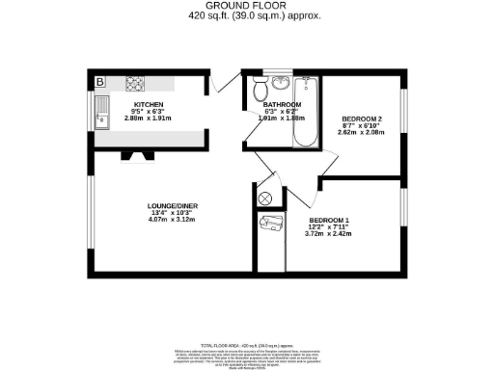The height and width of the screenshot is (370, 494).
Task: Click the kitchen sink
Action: point(101,119)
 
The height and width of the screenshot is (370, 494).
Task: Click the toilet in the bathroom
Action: point(260,92)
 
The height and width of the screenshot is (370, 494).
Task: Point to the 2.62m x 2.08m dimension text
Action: point(363,133)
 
